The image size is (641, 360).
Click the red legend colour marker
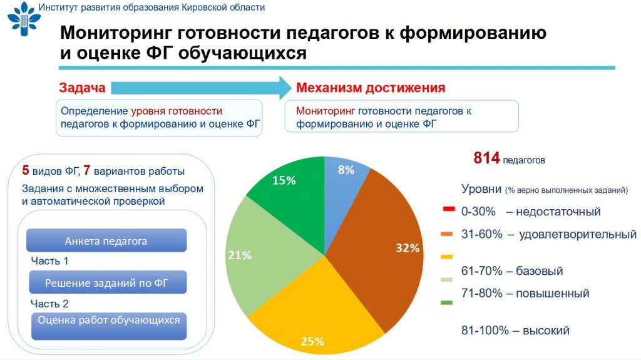(448, 210)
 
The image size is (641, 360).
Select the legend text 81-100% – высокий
(515, 330)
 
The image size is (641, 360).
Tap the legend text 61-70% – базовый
(512, 271)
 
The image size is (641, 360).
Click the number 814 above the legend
(486, 158)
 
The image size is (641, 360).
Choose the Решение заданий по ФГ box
(108, 282)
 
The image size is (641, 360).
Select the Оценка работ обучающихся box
(109, 326)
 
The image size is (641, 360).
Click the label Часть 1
(50, 261)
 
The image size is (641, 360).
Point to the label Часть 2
(50, 304)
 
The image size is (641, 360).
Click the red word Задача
(82, 88)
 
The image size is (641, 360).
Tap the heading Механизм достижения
(371, 88)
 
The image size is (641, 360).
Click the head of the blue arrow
(285, 88)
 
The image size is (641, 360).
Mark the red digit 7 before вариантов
(86, 170)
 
